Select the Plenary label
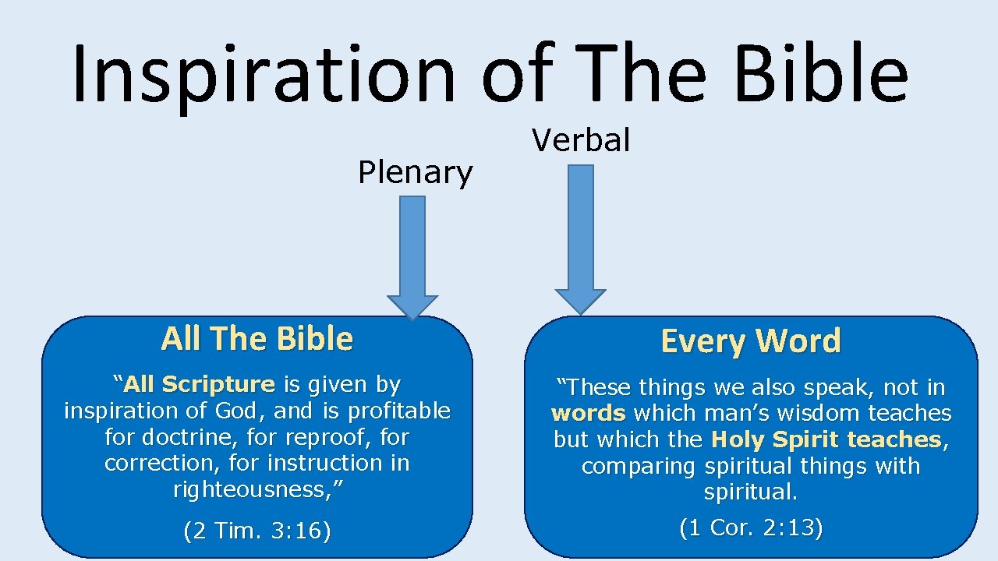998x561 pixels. (415, 173)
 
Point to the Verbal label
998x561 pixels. (581, 141)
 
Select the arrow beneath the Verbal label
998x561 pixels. (580, 238)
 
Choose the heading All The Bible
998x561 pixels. (257, 339)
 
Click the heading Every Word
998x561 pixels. (751, 341)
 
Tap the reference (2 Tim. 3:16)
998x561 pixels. (257, 531)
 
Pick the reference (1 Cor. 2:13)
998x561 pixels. (751, 528)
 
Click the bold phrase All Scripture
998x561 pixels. (200, 384)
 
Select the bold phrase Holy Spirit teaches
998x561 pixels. (826, 439)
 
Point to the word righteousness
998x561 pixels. (257, 489)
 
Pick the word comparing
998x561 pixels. (639, 466)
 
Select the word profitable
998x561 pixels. (399, 411)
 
